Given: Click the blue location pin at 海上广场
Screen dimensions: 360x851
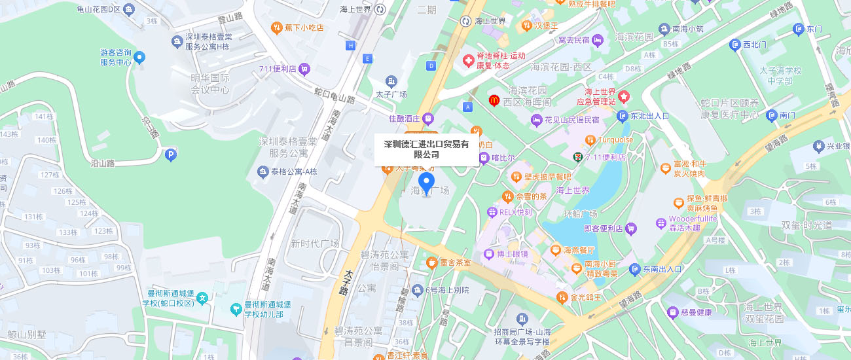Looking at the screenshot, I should click(x=426, y=183).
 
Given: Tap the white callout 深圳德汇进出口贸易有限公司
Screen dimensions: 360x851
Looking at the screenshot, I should click(x=426, y=149).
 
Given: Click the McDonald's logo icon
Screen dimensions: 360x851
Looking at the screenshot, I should click(x=494, y=100).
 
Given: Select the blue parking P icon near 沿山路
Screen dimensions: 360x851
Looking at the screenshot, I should click(x=171, y=155).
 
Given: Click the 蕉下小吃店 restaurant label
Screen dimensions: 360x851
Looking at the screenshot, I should click(x=304, y=27).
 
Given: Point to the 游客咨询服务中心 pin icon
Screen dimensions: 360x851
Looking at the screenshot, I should click(x=139, y=58).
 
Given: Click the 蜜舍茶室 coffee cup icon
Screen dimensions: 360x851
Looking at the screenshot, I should click(x=432, y=262).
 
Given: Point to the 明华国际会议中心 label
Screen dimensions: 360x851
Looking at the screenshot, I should click(x=210, y=84).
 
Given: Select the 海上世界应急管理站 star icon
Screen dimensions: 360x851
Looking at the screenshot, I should click(x=623, y=96).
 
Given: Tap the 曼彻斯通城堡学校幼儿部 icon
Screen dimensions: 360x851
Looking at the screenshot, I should click(x=236, y=308).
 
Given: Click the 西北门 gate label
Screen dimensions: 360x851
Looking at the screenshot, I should click(x=754, y=45).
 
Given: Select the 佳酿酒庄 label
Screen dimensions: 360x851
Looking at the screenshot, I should click(x=405, y=118).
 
